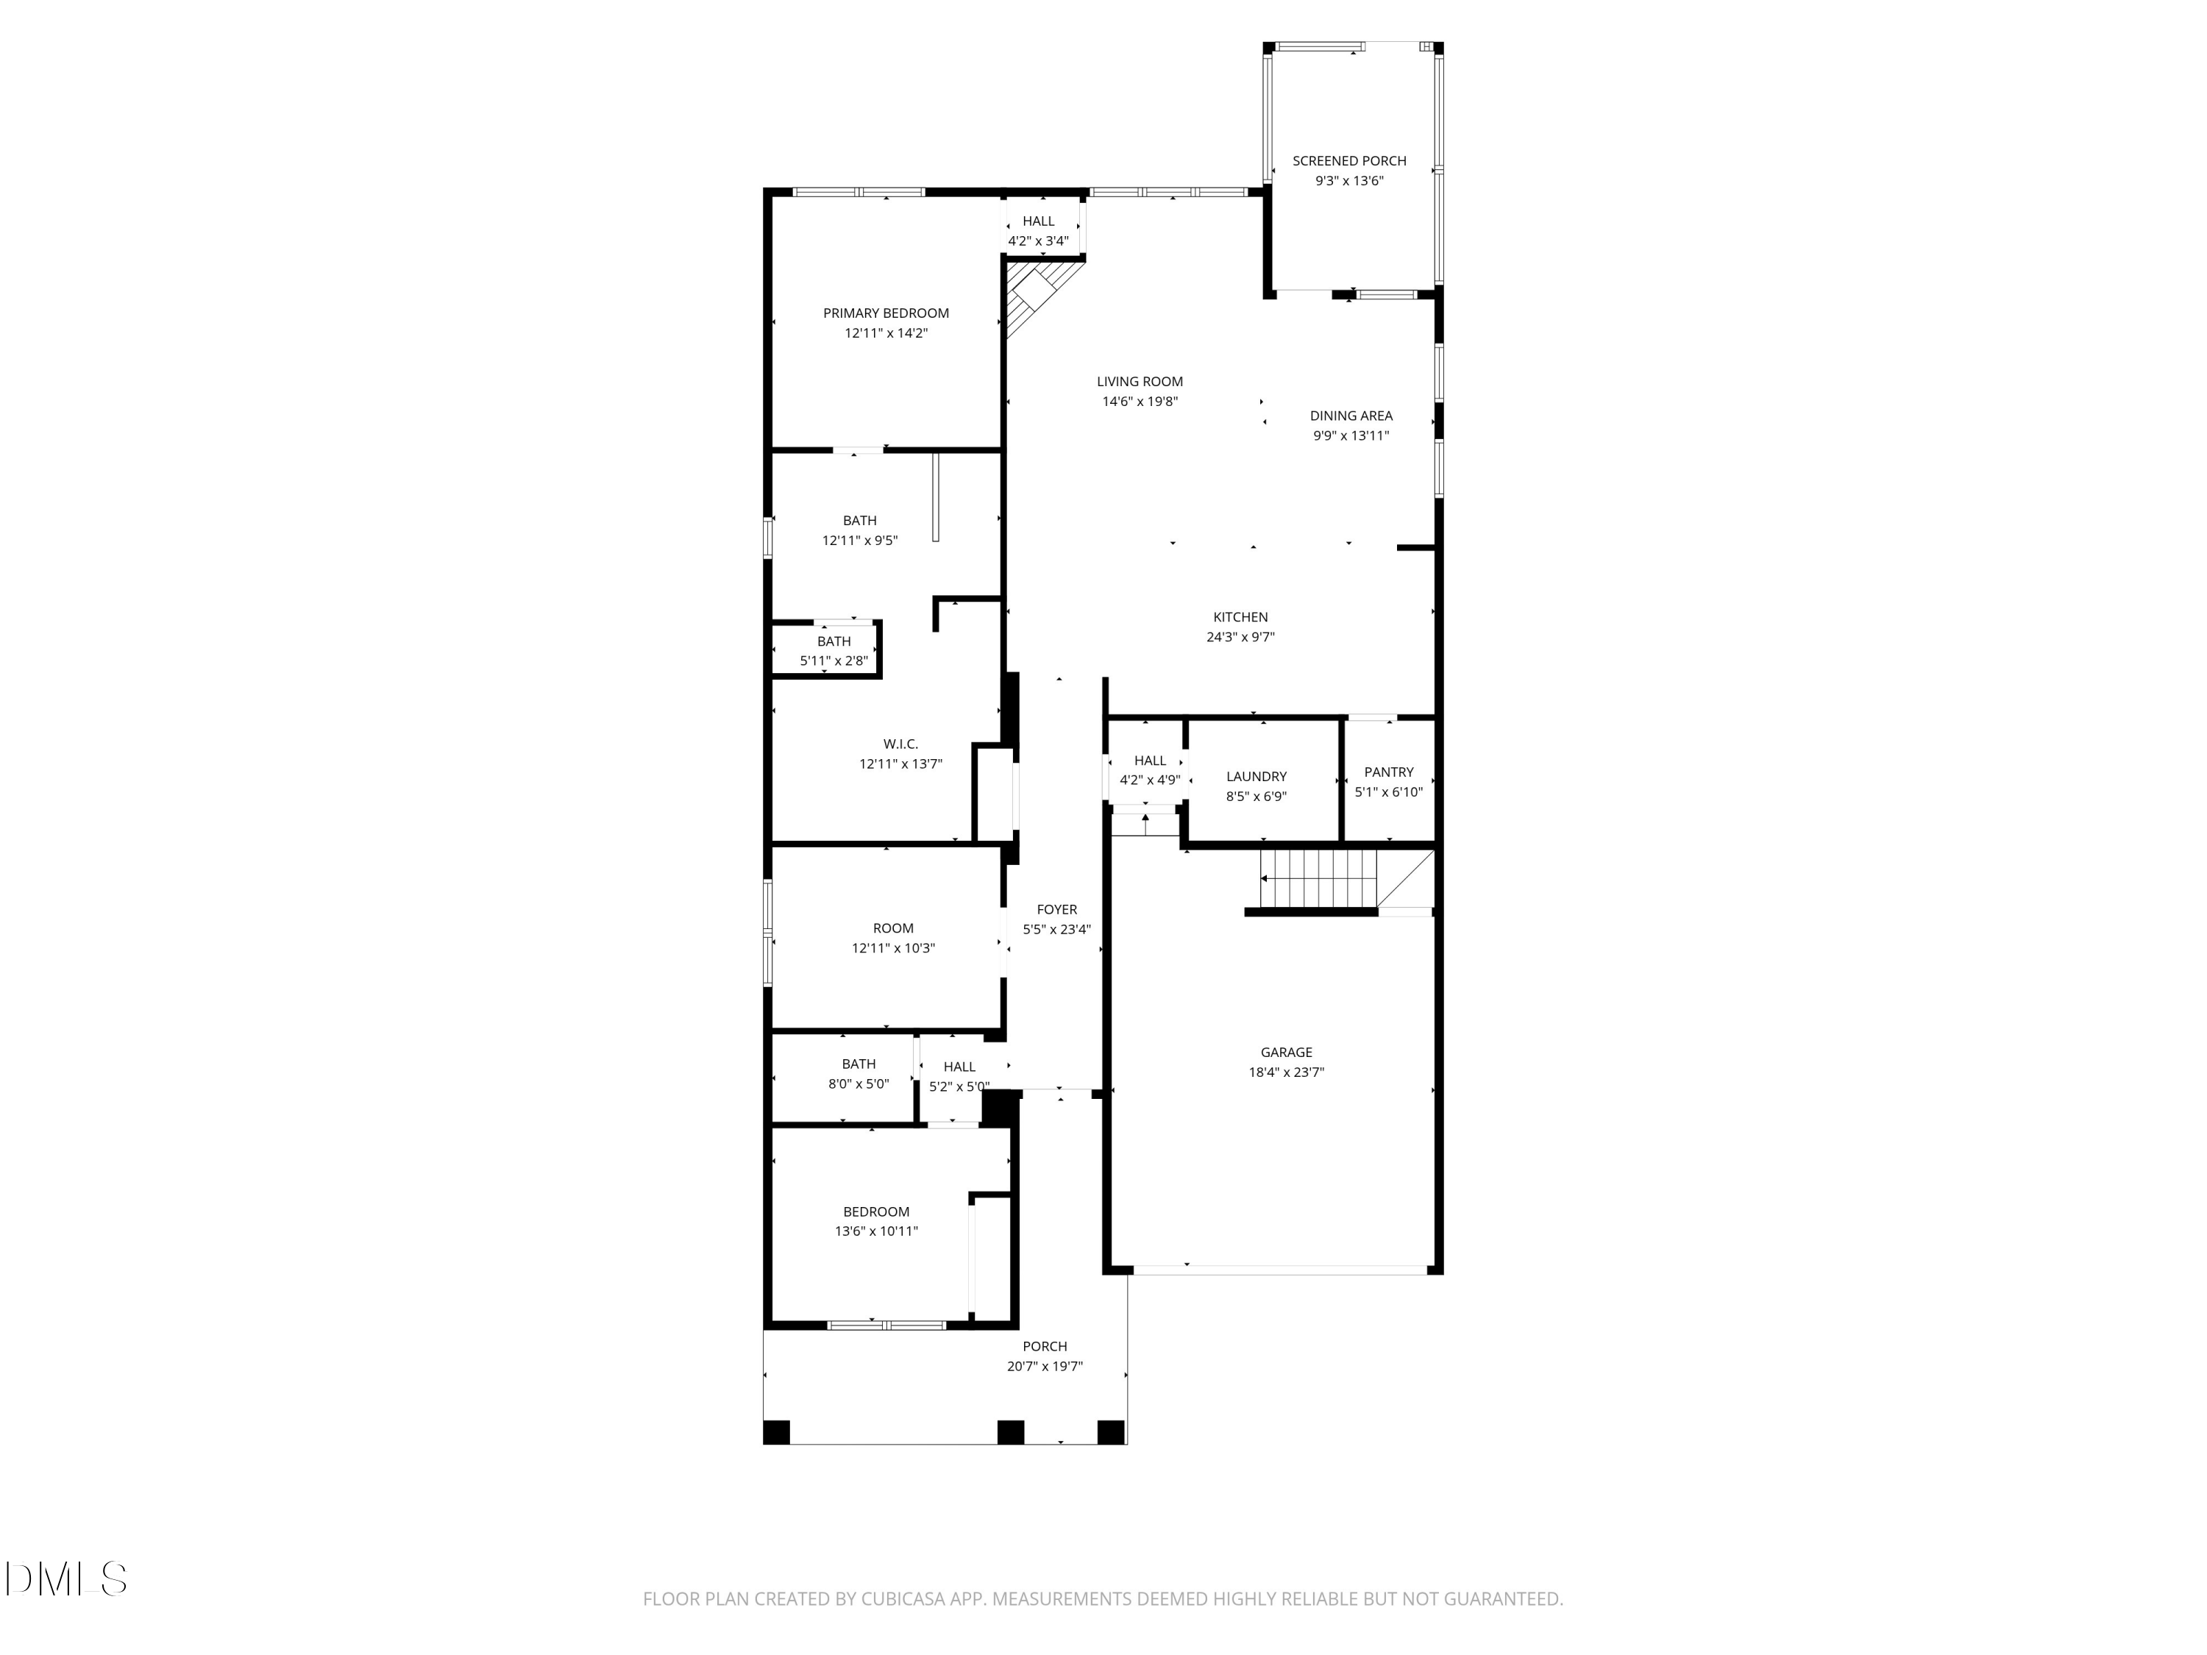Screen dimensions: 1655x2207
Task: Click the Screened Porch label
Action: coord(1349,160)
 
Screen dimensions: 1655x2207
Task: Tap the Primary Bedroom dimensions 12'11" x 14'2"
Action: coord(886,333)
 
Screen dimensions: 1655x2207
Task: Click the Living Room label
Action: coord(1140,381)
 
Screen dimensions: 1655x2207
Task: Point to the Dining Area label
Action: coord(1351,416)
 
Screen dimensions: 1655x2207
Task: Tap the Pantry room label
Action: coord(1389,772)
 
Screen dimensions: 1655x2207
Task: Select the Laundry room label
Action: coord(1257,776)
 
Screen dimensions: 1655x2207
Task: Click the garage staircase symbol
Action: coord(1317,879)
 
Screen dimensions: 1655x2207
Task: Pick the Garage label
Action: coord(1286,1053)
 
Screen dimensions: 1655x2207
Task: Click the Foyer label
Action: coord(1056,910)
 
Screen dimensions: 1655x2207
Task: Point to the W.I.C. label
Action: coord(900,744)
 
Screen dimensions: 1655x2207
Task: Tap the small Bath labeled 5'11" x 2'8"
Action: coord(834,650)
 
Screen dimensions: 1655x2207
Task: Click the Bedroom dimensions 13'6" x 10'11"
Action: coord(876,1231)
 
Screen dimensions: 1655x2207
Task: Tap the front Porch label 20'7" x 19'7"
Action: coord(1045,1347)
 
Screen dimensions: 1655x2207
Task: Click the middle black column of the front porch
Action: coord(1011,1431)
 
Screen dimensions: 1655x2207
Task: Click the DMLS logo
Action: coord(66,1579)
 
